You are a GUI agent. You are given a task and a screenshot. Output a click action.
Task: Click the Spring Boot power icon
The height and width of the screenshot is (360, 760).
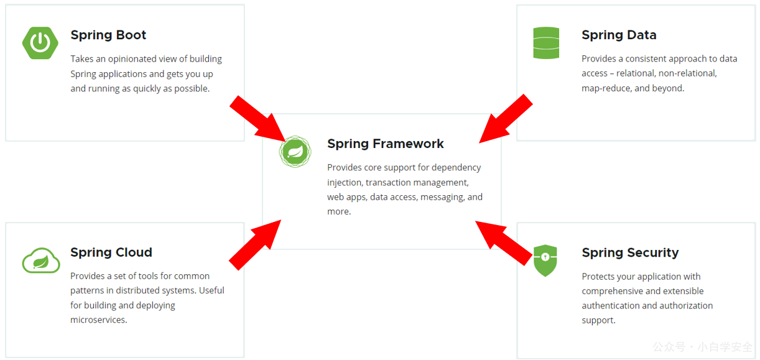pos(40,43)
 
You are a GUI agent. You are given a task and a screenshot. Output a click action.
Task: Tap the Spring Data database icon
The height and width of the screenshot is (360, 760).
pos(546,43)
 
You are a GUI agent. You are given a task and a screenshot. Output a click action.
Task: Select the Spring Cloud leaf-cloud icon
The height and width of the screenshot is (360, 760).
pos(41,261)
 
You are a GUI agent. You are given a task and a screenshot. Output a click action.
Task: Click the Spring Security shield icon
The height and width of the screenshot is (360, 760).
pos(545,261)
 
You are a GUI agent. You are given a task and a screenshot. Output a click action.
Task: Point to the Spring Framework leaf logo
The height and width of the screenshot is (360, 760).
pos(295,152)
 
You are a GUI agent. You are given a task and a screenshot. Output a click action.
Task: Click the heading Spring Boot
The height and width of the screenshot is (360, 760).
pos(108,35)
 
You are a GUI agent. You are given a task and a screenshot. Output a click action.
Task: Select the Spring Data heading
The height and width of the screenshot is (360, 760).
pos(619,35)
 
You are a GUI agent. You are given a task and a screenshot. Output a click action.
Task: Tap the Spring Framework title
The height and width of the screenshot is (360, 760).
pos(386,144)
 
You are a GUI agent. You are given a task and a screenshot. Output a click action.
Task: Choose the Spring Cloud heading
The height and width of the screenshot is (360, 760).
pos(111,252)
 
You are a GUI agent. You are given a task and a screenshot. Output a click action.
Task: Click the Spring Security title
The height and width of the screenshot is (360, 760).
pos(630,253)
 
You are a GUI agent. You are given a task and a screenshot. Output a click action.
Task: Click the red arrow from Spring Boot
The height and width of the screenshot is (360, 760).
pos(258,119)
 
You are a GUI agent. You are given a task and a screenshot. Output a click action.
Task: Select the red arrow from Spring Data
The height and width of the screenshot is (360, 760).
pos(506,119)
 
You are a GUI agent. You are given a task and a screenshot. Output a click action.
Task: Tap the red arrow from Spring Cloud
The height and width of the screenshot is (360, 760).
pos(255,245)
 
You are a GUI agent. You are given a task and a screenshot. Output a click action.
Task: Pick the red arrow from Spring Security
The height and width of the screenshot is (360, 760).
pos(504,243)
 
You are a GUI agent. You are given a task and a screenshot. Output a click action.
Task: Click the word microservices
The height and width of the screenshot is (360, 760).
pos(99,320)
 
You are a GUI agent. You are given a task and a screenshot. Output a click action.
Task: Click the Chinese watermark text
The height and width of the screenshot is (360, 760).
pos(703,347)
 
